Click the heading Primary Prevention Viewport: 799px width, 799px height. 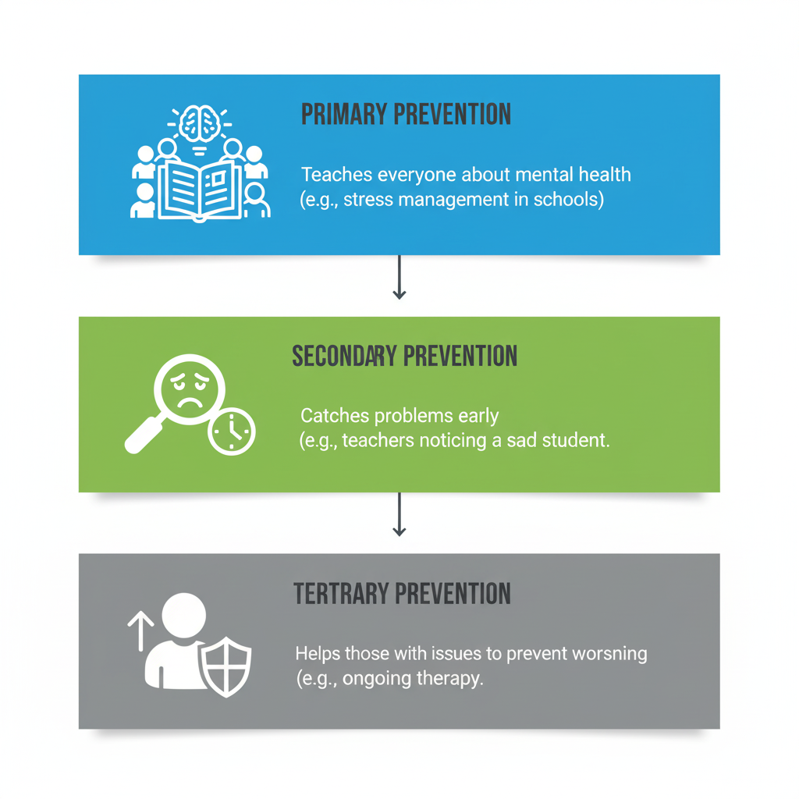click(406, 115)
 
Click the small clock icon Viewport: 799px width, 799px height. click(232, 431)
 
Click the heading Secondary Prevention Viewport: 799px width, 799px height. click(404, 357)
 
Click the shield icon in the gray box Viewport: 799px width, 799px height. click(225, 668)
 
